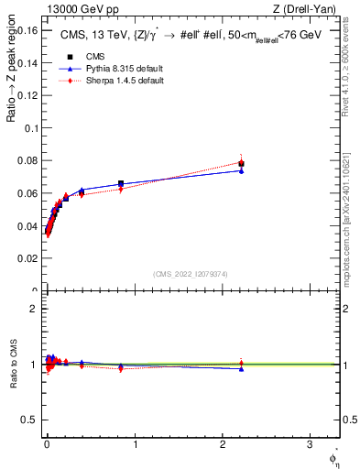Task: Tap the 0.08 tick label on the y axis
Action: [27, 161]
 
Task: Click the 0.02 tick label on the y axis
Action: [27, 259]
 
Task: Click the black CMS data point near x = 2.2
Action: [241, 164]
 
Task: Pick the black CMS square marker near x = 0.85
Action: [121, 184]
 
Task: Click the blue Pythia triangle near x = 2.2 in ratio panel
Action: [241, 368]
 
